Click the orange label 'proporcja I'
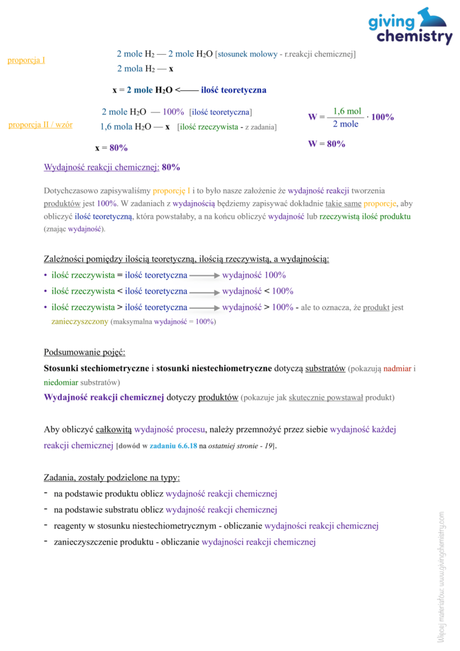(26, 60)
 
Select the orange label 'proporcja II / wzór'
(40, 125)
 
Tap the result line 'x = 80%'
(111, 147)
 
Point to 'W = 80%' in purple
(327, 144)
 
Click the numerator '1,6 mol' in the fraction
(347, 111)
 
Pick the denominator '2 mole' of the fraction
(346, 124)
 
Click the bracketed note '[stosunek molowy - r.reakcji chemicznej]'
(285, 55)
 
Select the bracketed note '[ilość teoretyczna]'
(220, 112)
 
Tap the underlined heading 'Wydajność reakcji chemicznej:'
(102, 168)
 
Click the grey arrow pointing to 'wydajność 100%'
(205, 276)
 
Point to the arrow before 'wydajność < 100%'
(205, 292)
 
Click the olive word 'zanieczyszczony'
(79, 322)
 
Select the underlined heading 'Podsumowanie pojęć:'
(85, 352)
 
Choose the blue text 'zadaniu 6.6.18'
(173, 446)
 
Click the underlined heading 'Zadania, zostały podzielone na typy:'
(112, 477)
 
